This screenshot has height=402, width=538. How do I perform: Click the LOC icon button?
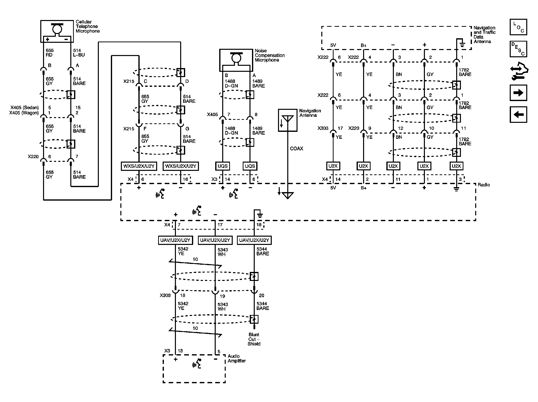point(518,27)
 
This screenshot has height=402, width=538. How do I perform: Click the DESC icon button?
point(518,49)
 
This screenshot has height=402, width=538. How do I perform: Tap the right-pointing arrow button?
point(518,93)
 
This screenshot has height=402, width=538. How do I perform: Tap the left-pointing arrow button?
point(518,115)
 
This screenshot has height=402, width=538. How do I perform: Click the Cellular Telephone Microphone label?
point(88,27)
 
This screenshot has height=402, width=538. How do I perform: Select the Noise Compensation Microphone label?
point(270,55)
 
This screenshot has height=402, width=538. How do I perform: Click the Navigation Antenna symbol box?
point(288,120)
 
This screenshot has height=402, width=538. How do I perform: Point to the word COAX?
point(297,149)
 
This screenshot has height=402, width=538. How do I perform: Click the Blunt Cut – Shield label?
point(254,339)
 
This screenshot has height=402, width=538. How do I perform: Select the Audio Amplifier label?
point(237,358)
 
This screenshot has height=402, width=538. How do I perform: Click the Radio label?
point(484,185)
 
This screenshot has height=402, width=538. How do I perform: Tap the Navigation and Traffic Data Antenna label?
point(484,35)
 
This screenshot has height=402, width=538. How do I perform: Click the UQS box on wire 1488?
point(222,166)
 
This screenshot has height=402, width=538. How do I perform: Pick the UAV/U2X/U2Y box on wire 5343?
point(215,240)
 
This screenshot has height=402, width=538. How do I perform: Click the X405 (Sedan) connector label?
point(25,108)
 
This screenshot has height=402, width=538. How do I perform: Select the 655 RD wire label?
point(50,53)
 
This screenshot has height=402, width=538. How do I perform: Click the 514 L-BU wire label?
point(79,53)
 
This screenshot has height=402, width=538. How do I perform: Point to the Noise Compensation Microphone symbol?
point(236,60)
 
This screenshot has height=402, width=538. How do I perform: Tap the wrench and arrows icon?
point(518,71)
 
